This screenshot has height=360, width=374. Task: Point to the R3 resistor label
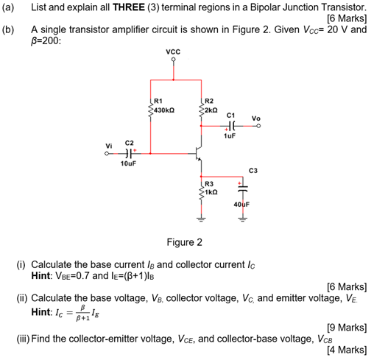pos(208,183)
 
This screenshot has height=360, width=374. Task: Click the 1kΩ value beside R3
pos(211,191)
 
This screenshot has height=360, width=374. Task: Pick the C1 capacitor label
pos(231,115)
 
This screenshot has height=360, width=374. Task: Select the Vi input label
pos(110,145)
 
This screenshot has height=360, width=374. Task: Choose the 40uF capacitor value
pos(241,203)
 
